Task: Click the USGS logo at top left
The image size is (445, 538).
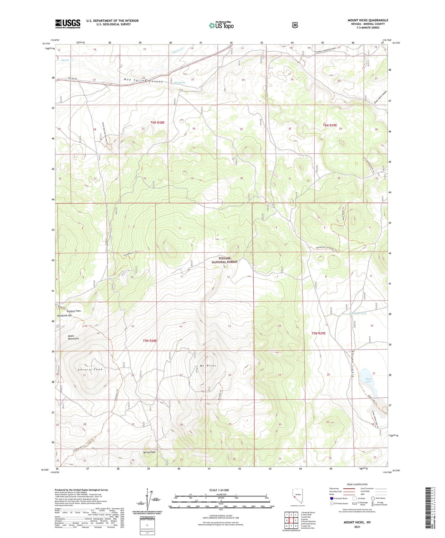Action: [68, 24]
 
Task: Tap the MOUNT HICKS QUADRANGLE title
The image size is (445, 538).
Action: [368, 20]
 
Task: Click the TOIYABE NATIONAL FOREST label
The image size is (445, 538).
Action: [224, 260]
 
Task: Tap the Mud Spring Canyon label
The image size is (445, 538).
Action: [143, 81]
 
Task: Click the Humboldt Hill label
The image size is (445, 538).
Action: [64, 316]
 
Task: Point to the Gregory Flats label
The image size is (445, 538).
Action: [73, 311]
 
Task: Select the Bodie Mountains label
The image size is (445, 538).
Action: [73, 337]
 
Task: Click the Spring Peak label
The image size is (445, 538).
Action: [149, 452]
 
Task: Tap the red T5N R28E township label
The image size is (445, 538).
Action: [150, 341]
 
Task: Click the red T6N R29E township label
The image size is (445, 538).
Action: [330, 125]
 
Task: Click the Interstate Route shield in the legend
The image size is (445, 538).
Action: [331, 499]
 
